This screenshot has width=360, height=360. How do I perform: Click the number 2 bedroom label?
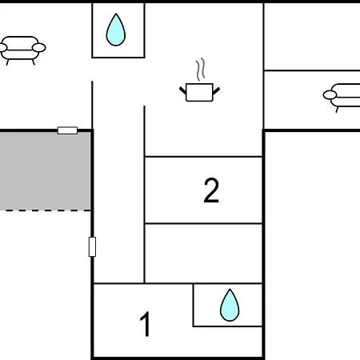click(211, 190)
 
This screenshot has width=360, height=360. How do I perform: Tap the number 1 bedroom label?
click(146, 324)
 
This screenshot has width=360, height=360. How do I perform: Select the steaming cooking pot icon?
click(199, 80)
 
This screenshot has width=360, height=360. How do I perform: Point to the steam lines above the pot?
click(201, 69)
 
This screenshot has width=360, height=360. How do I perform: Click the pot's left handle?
click(182, 90)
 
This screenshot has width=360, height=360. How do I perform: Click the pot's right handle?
click(216, 90)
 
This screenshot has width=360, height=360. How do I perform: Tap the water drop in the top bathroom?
click(116, 30)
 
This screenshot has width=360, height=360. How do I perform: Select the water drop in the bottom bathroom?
click(230, 305)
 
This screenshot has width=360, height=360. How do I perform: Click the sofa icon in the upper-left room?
click(22, 50)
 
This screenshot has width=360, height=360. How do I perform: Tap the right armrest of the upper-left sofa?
click(39, 48)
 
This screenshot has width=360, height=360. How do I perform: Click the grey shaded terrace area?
click(45, 170)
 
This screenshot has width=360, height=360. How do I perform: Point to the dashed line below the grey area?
click(46, 210)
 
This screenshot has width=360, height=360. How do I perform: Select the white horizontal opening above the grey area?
click(67, 130)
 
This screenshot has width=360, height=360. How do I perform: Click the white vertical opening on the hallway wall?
click(92, 246)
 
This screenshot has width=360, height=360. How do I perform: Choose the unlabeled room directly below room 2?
click(203, 254)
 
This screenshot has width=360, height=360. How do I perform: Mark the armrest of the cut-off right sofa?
click(330, 94)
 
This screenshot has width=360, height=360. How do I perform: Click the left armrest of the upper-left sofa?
click(3, 48)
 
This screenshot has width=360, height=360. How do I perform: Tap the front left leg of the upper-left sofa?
click(8, 62)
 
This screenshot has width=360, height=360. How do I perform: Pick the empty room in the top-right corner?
click(312, 37)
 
